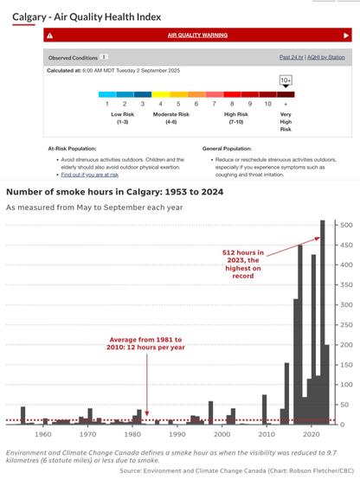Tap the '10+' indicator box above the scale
286,80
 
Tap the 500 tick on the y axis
345,226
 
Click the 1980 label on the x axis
132,433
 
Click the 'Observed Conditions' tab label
73,57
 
